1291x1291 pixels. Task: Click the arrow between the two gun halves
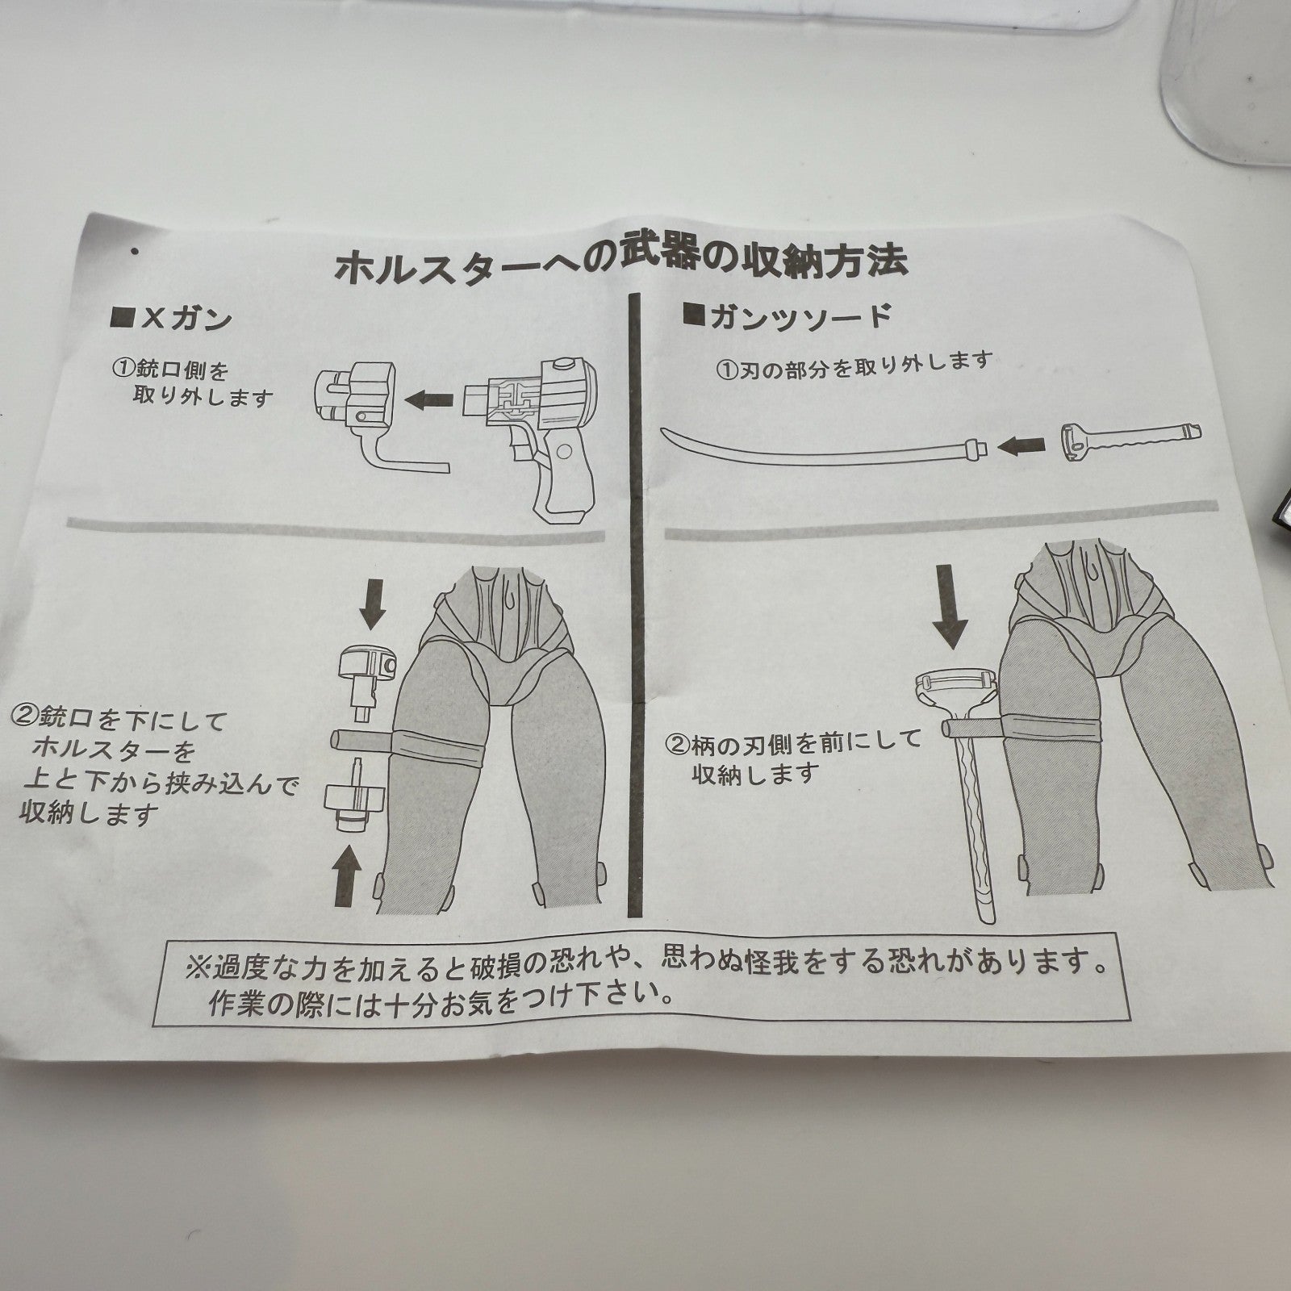click(428, 398)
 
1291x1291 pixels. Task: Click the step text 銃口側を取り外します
click(194, 383)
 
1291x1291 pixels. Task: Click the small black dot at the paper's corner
click(134, 252)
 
